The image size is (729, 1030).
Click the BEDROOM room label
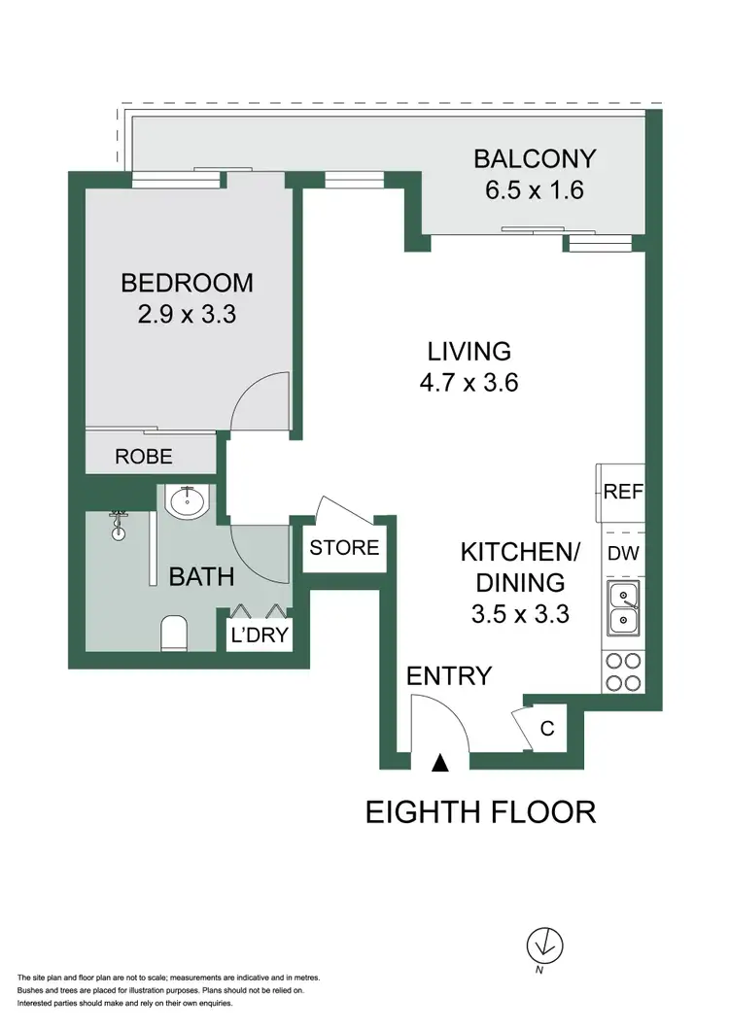[x=187, y=283]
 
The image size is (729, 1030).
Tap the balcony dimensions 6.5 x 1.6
[x=534, y=189]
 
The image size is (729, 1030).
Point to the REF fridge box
[x=623, y=492]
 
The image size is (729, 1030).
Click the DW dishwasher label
[x=622, y=554]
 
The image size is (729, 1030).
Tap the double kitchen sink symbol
[x=622, y=608]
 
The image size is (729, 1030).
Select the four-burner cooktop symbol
[x=622, y=670]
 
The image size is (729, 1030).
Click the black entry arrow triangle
[x=440, y=764]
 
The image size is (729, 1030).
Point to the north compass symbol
[x=545, y=944]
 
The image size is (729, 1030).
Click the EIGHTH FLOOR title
[x=480, y=811]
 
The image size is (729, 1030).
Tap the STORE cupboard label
[x=344, y=548]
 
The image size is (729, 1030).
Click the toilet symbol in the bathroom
[x=173, y=634]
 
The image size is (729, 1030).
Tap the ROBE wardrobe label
[x=144, y=456]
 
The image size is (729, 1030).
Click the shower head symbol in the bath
[x=120, y=526]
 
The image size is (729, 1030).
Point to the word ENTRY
[x=449, y=675]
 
